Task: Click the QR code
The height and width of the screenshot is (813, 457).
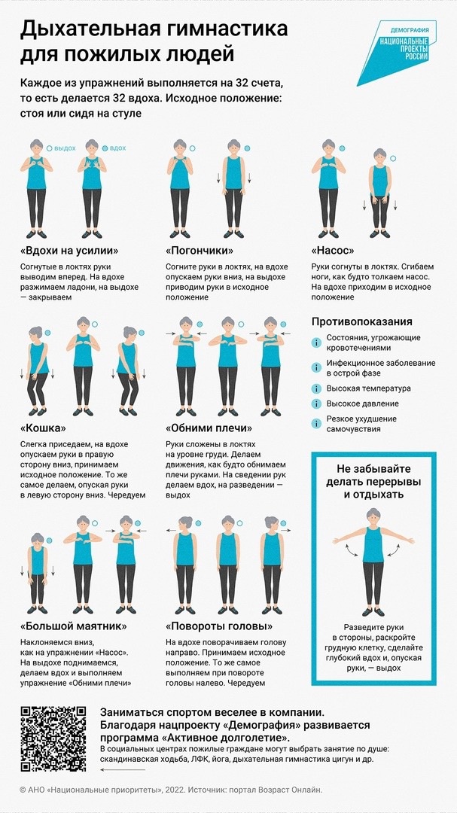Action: (x=53, y=738)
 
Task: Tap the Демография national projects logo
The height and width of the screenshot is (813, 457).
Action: (x=398, y=53)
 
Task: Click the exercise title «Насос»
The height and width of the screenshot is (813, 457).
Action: (x=333, y=251)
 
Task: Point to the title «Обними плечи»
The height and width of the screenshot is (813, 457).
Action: (x=209, y=428)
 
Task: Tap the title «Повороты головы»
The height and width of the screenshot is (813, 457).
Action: (x=219, y=626)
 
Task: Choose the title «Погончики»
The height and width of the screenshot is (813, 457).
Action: (x=200, y=251)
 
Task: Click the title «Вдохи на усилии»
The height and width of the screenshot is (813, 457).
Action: (x=69, y=251)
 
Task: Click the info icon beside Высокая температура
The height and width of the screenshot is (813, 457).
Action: (x=316, y=388)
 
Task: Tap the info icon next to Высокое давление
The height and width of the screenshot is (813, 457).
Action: (x=316, y=403)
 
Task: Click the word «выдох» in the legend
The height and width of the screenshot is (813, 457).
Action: (x=65, y=148)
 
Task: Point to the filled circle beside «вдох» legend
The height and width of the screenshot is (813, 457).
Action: (x=105, y=148)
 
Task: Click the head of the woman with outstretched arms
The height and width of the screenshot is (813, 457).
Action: (x=373, y=516)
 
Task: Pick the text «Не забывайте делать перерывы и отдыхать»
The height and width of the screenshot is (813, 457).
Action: (x=373, y=482)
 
